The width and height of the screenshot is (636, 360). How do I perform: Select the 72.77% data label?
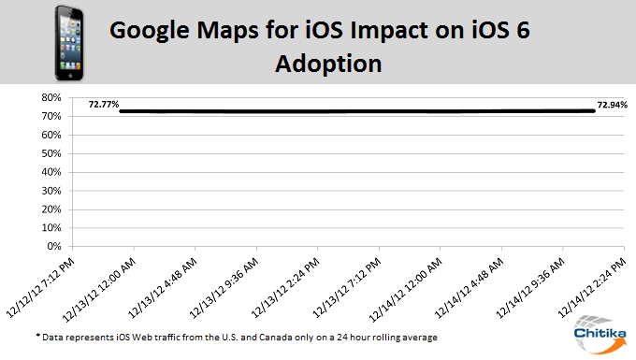coord(103,104)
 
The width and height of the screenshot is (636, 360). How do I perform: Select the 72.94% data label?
coord(612,104)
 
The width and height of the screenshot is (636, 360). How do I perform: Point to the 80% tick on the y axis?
coord(51,97)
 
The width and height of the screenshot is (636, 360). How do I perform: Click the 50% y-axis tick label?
coord(51,153)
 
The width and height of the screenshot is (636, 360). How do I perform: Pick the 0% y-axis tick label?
coord(53,247)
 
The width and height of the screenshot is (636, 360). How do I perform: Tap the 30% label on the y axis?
coord(51,191)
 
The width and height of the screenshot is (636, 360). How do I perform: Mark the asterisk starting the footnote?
coord(38,335)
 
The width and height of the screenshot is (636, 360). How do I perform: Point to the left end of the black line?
coord(122,111)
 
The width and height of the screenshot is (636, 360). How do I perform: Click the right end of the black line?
coord(594,110)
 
